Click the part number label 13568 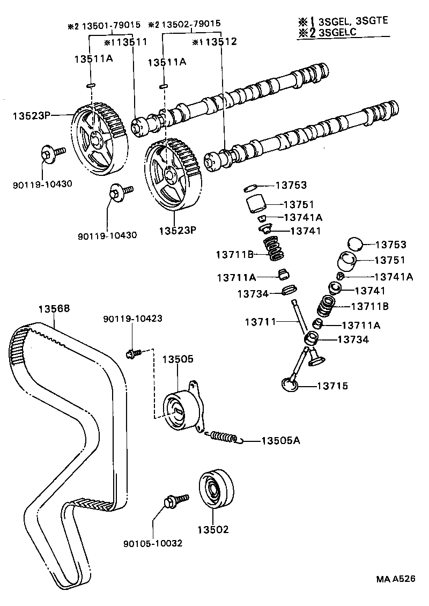tap(54, 309)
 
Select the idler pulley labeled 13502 tap(217, 489)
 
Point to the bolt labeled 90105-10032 tap(173, 501)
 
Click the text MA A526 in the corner tap(395, 580)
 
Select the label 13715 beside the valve tap(332, 386)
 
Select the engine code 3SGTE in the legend tap(369, 21)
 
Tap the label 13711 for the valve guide tap(261, 322)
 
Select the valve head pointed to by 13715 tap(290, 385)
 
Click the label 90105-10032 tap(153, 543)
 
